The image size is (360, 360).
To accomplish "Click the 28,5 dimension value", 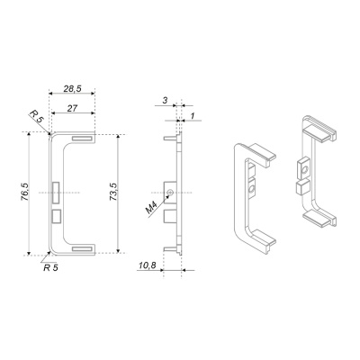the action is (x=72, y=88).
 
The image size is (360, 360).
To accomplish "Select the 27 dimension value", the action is (x=72, y=108).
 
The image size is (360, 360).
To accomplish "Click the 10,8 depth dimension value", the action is (x=148, y=265).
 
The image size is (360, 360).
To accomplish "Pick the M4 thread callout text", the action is (x=151, y=208).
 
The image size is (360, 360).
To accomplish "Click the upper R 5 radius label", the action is (x=37, y=116).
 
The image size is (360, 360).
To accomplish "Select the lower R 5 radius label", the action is (x=50, y=267).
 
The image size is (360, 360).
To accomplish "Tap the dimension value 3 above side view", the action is (x=165, y=101).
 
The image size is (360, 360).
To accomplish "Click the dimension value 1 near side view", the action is (x=193, y=115).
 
